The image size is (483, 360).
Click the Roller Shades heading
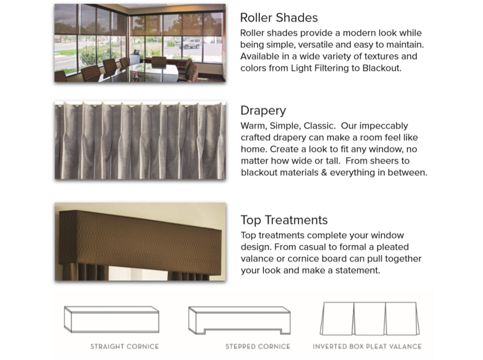pyautogui.click(x=279, y=18)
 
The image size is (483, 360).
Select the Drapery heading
pyautogui.click(x=263, y=111)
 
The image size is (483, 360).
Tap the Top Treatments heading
pyautogui.click(x=284, y=220)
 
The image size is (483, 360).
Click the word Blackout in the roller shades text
pyautogui.click(x=381, y=68)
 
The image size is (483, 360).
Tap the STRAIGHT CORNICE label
pyautogui.click(x=125, y=347)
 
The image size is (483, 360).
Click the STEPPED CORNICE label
pyautogui.click(x=258, y=347)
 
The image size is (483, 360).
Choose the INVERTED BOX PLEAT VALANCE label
pyautogui.click(x=367, y=347)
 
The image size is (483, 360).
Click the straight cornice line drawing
pyautogui.click(x=112, y=320)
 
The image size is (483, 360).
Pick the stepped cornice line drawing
pyautogui.click(x=239, y=320)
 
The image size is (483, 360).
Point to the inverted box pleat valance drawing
pyautogui.click(x=370, y=319)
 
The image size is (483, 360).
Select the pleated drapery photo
pyautogui.click(x=140, y=140)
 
